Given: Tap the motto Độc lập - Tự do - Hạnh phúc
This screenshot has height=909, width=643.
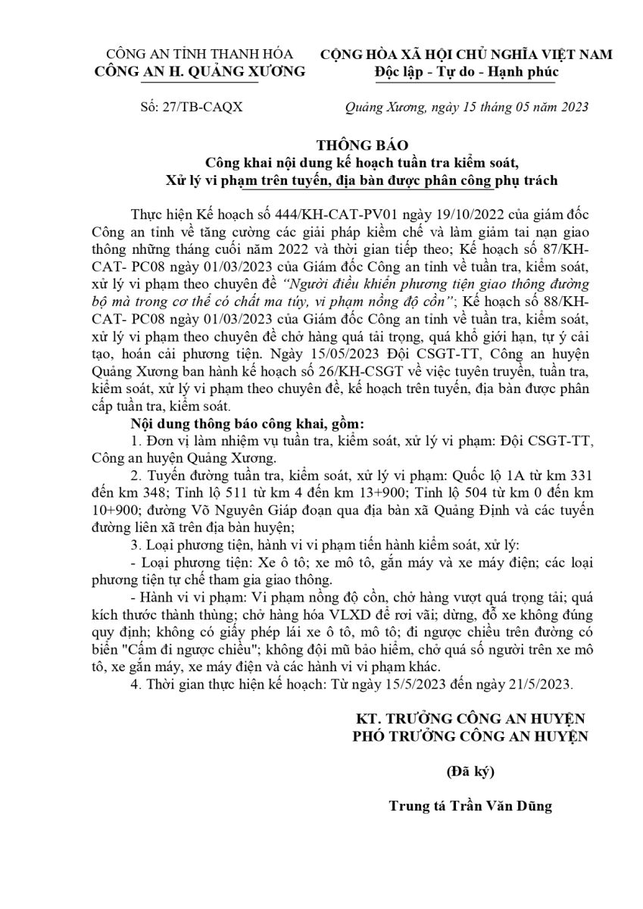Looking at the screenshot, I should (x=467, y=72).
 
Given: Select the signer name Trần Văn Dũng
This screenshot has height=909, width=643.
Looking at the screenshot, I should (x=504, y=807).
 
